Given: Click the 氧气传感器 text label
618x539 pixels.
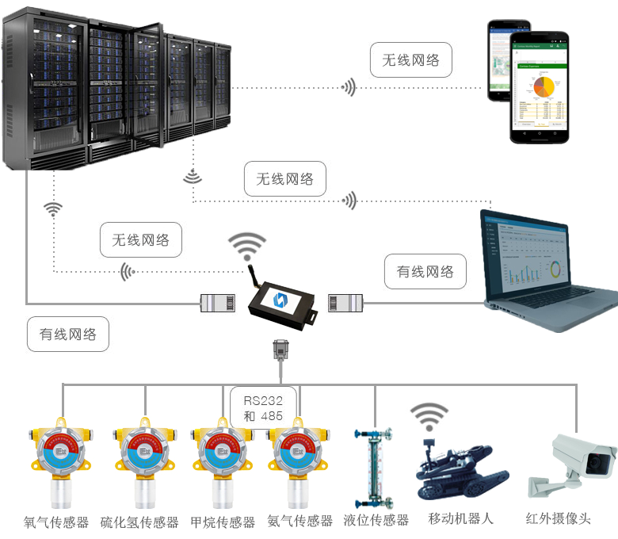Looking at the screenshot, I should click(56, 522).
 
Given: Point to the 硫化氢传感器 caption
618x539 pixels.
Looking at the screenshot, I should click(139, 522).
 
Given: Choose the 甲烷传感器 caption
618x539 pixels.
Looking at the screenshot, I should click(223, 522).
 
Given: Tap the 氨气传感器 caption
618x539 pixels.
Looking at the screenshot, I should click(300, 521).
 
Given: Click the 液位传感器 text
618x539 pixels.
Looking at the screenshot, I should click(376, 520).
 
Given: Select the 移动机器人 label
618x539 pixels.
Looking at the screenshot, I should click(460, 518).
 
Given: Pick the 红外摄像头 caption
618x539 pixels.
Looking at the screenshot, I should click(558, 519).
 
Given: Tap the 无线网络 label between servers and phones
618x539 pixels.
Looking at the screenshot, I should click(410, 60).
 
